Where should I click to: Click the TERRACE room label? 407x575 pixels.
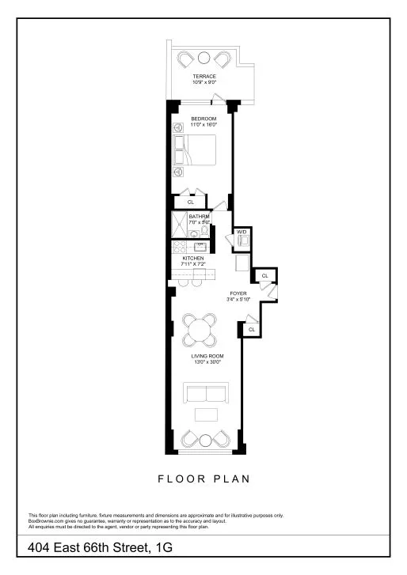coord(204,76)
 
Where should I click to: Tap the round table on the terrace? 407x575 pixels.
coord(204,58)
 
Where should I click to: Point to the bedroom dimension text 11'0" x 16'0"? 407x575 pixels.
coord(203,124)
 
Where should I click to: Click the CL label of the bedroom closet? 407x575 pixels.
coord(190,202)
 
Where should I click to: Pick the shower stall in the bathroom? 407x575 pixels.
coord(178,225)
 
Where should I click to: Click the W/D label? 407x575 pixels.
coord(242,232)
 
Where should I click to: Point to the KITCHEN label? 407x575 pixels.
coord(194,259)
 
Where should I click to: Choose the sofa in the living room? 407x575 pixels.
coord(205,393)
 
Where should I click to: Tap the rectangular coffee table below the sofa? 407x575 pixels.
coord(206,416)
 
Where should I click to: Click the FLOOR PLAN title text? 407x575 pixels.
coord(204,479)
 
